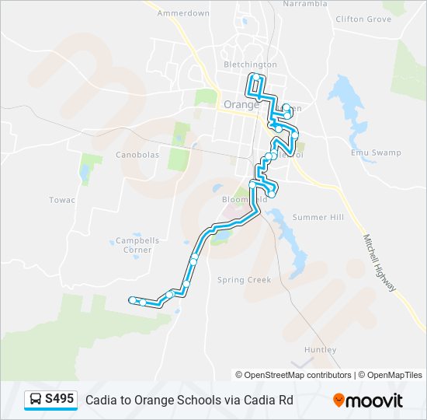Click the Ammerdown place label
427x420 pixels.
[183, 13]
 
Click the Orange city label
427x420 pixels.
[240, 104]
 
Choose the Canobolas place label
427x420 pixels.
[137, 155]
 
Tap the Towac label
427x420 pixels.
[62, 200]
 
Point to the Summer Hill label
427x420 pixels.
[318, 217]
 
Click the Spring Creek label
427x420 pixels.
[244, 280]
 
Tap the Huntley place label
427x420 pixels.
[321, 350]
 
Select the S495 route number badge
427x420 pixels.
[60, 400]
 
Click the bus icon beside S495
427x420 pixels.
[36, 400]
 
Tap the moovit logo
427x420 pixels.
[368, 401]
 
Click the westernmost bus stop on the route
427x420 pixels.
[133, 299]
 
